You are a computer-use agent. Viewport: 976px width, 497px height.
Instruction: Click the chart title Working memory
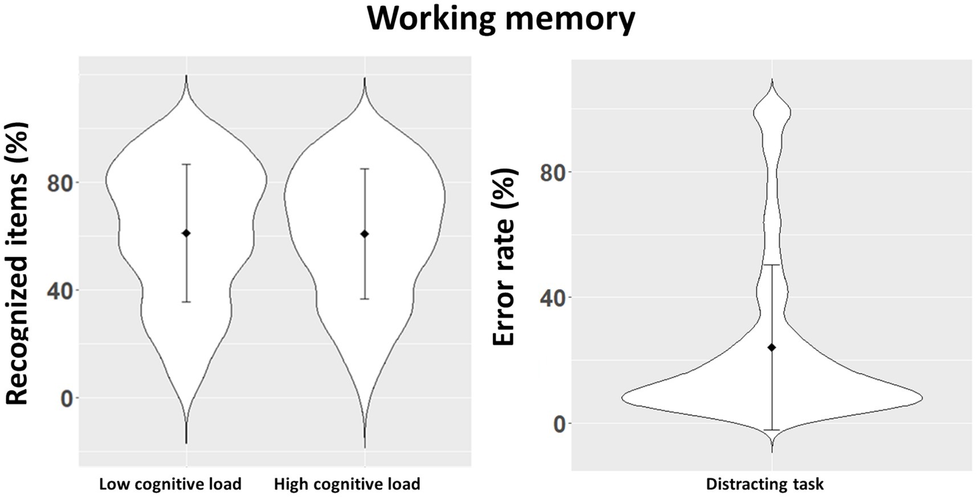point(501,18)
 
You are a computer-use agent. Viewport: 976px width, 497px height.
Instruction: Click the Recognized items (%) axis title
point(17,263)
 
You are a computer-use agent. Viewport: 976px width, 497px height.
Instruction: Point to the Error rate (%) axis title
point(504,257)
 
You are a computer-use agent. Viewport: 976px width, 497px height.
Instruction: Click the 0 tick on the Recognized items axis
point(67,398)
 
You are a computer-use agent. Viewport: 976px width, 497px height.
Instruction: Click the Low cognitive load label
point(170,484)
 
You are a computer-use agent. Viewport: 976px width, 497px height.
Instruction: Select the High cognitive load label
point(347,484)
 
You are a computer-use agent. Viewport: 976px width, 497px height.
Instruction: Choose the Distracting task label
point(765,484)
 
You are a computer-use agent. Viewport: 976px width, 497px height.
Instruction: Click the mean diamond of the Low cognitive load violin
point(186,233)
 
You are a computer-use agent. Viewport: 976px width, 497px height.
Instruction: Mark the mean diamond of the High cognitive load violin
point(365,234)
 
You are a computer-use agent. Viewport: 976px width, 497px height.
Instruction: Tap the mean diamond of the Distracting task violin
point(772,347)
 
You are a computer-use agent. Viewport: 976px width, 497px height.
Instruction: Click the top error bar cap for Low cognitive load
point(186,164)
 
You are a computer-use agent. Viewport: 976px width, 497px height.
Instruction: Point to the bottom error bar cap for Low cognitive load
point(186,302)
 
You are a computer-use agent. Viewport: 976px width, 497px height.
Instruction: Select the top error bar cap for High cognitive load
point(365,169)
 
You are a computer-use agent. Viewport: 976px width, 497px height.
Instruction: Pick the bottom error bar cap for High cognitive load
point(365,299)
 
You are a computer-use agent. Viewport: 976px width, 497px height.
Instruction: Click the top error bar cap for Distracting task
point(772,264)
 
